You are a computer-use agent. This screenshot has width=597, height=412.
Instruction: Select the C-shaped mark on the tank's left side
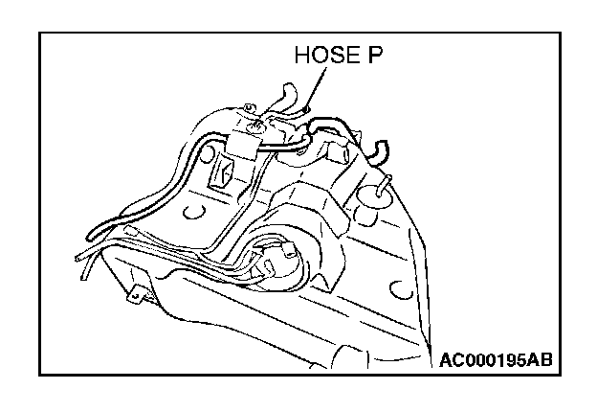pyautogui.click(x=197, y=206)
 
